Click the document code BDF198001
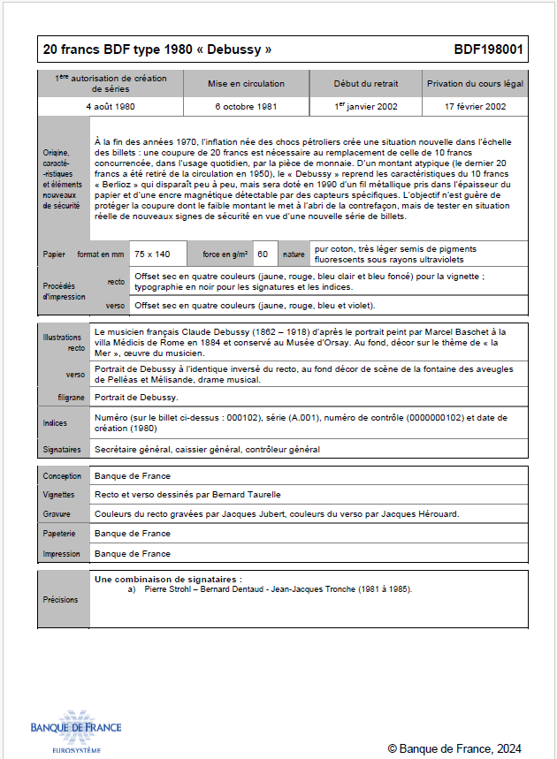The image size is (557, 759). pyautogui.click(x=488, y=49)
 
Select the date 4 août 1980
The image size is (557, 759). pyautogui.click(x=111, y=106)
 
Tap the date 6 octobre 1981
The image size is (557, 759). pyautogui.click(x=246, y=106)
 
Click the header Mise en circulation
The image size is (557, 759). pyautogui.click(x=246, y=84)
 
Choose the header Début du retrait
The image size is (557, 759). pyautogui.click(x=365, y=84)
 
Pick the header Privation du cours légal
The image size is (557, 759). pyautogui.click(x=476, y=84)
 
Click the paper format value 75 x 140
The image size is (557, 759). pyautogui.click(x=152, y=254)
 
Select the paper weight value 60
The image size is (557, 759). pyautogui.click(x=263, y=254)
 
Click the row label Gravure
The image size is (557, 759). pyautogui.click(x=57, y=513)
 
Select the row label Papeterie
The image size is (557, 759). pyautogui.click(x=60, y=534)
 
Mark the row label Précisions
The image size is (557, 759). pyautogui.click(x=60, y=599)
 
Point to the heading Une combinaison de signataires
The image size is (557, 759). pyautogui.click(x=167, y=578)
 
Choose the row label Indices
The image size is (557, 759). pyautogui.click(x=55, y=423)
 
